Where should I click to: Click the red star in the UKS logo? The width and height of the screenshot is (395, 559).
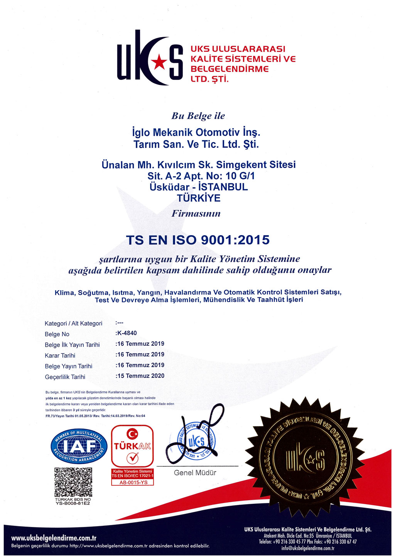pyautogui.click(x=158, y=61)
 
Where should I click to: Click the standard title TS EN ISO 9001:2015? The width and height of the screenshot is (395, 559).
pyautogui.click(x=197, y=240)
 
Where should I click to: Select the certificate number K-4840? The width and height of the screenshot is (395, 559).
pyautogui.click(x=127, y=333)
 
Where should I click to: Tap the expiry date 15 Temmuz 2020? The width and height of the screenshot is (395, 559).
pyautogui.click(x=140, y=376)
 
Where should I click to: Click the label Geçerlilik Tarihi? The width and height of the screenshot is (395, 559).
pyautogui.click(x=65, y=377)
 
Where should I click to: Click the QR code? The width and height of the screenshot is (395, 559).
pyautogui.click(x=73, y=482)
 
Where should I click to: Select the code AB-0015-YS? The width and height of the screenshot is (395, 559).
pyautogui.click(x=133, y=482)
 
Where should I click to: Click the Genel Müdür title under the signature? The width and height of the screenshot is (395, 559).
pyautogui.click(x=195, y=473)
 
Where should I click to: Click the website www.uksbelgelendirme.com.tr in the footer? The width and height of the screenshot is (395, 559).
pyautogui.click(x=54, y=538)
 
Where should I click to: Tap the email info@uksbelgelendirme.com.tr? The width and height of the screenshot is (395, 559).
pyautogui.click(x=308, y=548)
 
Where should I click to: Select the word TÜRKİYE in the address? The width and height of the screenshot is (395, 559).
pyautogui.click(x=199, y=198)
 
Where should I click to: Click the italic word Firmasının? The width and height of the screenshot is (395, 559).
pyautogui.click(x=196, y=213)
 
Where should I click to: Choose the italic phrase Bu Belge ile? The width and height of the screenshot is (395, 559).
pyautogui.click(x=198, y=116)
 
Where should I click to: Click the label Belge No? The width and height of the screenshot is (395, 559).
pyautogui.click(x=57, y=334)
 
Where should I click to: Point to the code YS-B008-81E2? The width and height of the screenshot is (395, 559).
pyautogui.click(x=73, y=503)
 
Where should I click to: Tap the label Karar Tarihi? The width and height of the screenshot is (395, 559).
pyautogui.click(x=60, y=356)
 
